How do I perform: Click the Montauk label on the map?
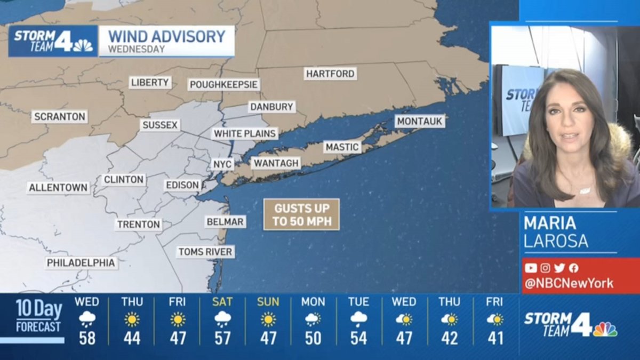pyautogui.click(x=420, y=122)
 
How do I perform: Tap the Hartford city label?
pyautogui.click(x=331, y=74)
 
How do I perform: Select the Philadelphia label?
pyautogui.click(x=81, y=263)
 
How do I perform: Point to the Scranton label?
pyautogui.click(x=59, y=117)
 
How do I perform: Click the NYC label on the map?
pyautogui.click(x=222, y=164)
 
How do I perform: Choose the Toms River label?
pyautogui.click(x=205, y=252)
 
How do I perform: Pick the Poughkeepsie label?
pyautogui.click(x=224, y=85)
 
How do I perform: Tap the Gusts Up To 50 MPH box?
pyautogui.click(x=301, y=214)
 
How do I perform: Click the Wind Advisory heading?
pyautogui.click(x=167, y=36)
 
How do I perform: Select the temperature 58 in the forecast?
pyautogui.click(x=87, y=338)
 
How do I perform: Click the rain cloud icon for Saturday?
pyautogui.click(x=222, y=319)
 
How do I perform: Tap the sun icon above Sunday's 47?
pyautogui.click(x=268, y=319)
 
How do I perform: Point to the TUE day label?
pyautogui.click(x=358, y=302)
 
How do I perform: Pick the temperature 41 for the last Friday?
pyautogui.click(x=495, y=338)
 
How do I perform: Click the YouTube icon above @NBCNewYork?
pyautogui.click(x=531, y=268)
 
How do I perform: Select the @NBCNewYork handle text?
pyautogui.click(x=569, y=283)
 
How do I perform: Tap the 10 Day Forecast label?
pyautogui.click(x=38, y=316)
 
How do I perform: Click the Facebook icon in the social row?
pyautogui.click(x=573, y=268)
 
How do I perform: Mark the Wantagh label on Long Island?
pyautogui.click(x=275, y=163)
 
